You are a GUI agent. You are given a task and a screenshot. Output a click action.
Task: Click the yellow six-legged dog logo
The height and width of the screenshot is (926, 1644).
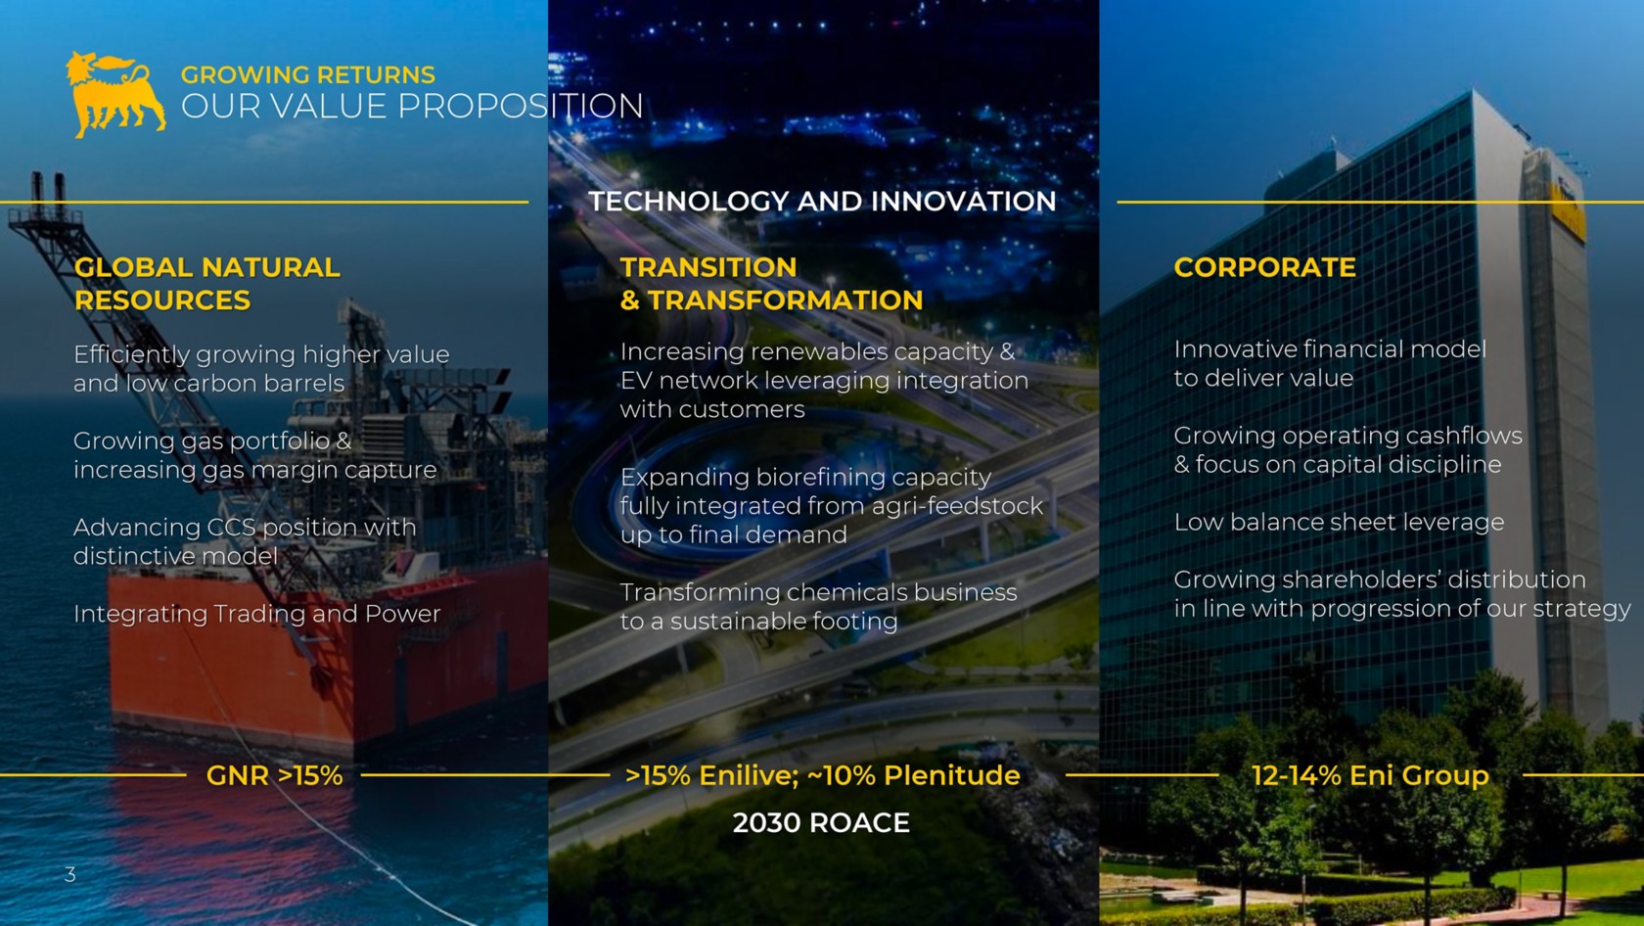tap(115, 94)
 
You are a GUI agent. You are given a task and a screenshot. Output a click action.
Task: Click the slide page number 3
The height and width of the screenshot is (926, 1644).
tap(70, 874)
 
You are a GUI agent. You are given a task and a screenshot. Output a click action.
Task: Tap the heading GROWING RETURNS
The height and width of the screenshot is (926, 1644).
tap(308, 75)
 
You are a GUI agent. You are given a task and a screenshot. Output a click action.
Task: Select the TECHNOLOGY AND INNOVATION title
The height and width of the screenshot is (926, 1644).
tap(822, 202)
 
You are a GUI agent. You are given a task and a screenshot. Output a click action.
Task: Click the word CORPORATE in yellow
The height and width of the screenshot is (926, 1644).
tap(1264, 267)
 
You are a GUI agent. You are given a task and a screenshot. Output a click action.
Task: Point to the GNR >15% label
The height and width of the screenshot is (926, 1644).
tap(274, 775)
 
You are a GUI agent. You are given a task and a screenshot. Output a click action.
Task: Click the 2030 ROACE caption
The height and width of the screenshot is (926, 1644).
tap(821, 822)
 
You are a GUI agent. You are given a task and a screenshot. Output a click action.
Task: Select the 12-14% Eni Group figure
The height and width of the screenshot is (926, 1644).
tap(1370, 775)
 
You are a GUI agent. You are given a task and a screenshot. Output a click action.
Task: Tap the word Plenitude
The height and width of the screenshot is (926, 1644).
tap(952, 775)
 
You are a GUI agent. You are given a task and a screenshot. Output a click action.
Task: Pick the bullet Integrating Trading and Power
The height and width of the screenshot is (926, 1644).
tap(256, 614)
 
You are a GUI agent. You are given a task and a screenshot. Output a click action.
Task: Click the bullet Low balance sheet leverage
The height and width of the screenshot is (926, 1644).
tap(1339, 522)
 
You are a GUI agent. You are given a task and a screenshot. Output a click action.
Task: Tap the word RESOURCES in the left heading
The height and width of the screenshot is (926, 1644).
tap(162, 301)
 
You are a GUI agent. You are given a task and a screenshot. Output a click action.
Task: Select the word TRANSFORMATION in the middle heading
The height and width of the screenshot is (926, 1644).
tap(785, 301)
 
